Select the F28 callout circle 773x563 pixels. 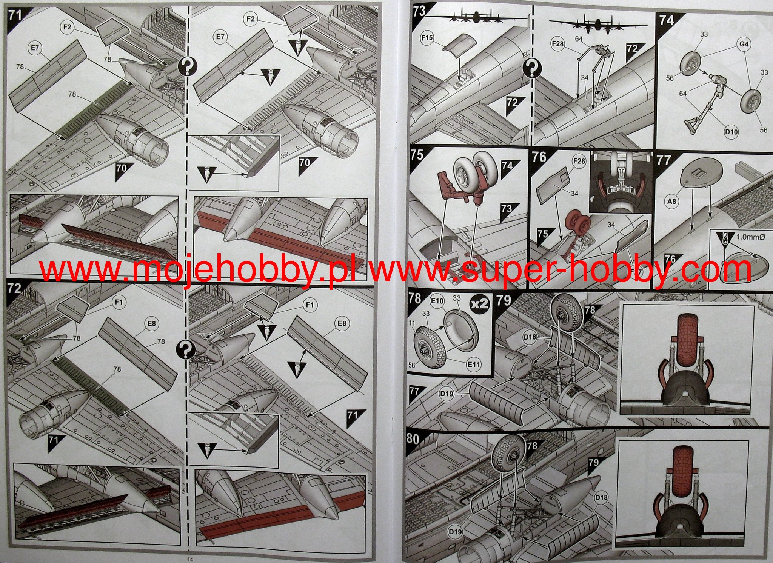tap(558, 44)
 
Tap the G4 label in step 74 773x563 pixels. tap(744, 44)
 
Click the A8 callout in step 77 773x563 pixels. tap(672, 202)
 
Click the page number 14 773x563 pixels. tap(190, 559)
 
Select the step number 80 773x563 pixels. tap(413, 439)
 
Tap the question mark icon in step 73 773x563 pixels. tap(532, 69)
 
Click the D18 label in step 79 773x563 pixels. tap(530, 337)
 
